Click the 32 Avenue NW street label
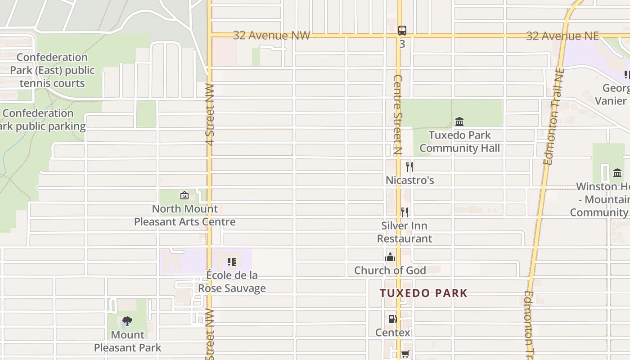point(271,36)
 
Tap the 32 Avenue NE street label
point(562,36)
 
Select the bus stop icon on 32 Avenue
point(402,31)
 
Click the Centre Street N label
point(397,115)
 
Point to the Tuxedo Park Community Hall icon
point(459,121)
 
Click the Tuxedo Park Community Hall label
point(459,142)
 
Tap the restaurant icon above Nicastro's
point(409,167)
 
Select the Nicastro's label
point(409,180)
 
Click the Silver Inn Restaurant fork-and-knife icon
point(405,212)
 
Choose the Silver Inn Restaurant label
point(404,232)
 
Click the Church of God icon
point(390,257)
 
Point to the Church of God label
point(390,270)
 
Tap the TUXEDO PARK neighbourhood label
point(423,293)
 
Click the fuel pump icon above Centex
point(392,319)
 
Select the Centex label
point(393,333)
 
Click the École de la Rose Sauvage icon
point(232,261)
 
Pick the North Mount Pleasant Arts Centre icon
point(184,195)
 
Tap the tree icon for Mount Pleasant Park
point(127,321)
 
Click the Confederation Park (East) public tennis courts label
point(52,70)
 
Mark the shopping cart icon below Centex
point(405,354)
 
